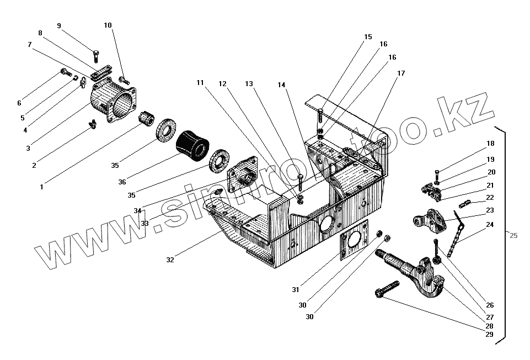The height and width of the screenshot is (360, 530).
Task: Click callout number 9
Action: tap(59, 26)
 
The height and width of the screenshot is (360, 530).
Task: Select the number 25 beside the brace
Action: tap(513, 236)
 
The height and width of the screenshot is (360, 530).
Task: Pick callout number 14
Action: tap(282, 85)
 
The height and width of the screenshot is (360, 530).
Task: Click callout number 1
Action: tap(41, 188)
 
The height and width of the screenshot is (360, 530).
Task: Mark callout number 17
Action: tap(400, 73)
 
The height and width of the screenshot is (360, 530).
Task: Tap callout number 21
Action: tap(490, 185)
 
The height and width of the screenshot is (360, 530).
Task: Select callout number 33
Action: tap(144, 224)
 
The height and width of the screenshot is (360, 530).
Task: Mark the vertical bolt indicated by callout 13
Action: tap(299, 182)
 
